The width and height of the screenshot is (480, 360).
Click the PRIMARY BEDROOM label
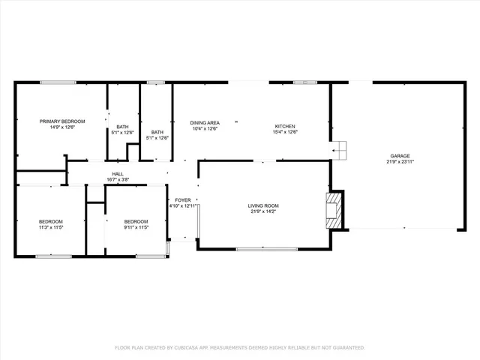pyautogui.click(x=62, y=121)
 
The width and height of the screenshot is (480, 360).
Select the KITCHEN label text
pyautogui.click(x=285, y=126)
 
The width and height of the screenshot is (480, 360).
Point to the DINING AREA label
pyautogui.click(x=204, y=122)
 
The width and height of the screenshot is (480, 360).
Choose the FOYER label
pyautogui.click(x=183, y=200)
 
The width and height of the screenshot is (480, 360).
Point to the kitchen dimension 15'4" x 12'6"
pyautogui.click(x=285, y=132)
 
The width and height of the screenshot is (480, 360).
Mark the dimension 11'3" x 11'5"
pyautogui.click(x=51, y=227)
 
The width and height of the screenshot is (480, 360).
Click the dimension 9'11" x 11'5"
pyautogui.click(x=136, y=227)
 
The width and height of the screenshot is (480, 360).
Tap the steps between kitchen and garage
pyautogui.click(x=340, y=151)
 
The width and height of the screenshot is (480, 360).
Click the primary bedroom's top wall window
pyautogui.click(x=57, y=82)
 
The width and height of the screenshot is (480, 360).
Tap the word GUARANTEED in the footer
pyautogui.click(x=348, y=348)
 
